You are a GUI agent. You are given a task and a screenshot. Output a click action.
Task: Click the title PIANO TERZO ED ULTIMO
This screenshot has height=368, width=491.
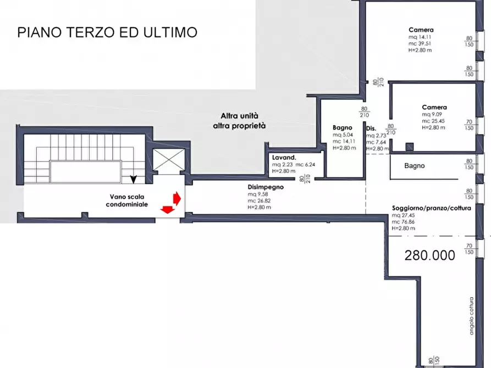(107, 32)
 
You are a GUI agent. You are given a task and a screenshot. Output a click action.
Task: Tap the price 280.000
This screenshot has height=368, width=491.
(430, 255)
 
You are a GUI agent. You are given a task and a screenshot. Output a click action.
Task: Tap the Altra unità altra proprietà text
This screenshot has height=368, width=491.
(239, 121)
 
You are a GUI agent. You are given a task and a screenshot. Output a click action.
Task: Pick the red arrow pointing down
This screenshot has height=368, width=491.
(165, 208)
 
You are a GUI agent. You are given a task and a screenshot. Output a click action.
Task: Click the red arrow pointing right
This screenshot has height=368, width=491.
(176, 197)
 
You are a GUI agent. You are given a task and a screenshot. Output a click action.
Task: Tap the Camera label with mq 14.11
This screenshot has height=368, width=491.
(421, 30)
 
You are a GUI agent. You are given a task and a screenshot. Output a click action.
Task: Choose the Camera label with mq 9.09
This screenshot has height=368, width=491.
(434, 107)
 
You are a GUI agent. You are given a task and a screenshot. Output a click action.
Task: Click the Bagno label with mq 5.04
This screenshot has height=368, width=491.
(342, 127)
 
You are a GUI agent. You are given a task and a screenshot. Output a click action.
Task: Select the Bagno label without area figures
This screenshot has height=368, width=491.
(414, 165)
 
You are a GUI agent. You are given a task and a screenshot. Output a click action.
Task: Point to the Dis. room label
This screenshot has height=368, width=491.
(371, 129)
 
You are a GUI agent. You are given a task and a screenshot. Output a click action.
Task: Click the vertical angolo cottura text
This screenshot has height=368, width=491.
(471, 316)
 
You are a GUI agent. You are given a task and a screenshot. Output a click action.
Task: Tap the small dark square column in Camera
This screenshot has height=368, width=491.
(409, 147)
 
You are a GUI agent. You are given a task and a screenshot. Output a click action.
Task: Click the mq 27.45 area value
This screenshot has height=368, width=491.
(401, 215)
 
